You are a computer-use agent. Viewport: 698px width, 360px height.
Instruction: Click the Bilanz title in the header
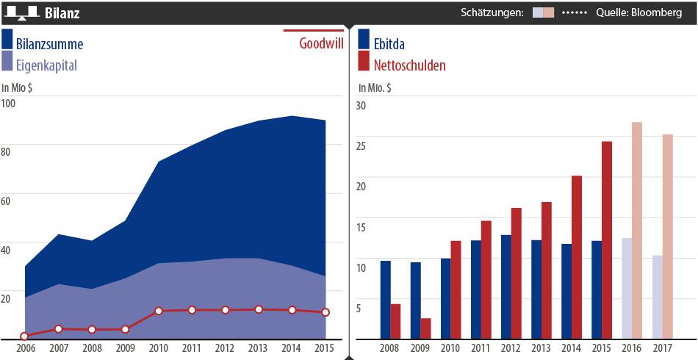pos(62,13)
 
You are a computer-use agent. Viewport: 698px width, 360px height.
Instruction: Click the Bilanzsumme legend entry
pos(49,44)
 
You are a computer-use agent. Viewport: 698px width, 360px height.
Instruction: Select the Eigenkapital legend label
pos(46,65)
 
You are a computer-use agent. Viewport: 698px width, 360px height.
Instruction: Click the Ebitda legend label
pos(389,44)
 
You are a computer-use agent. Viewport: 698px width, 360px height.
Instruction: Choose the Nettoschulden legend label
pos(409,65)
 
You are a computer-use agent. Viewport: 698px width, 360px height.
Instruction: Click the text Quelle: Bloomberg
pos(640,12)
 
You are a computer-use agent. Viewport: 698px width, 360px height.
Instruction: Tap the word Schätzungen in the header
pos(492,12)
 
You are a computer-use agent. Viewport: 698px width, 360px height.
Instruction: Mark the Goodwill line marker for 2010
pos(158,312)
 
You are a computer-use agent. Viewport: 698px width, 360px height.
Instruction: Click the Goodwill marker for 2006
pos(24,336)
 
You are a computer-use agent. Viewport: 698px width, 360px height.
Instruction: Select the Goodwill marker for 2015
pos(325,312)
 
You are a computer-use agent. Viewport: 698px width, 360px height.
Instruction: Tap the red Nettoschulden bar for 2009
pos(425,328)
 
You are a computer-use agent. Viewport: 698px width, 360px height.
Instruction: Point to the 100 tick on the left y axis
pos(9,103)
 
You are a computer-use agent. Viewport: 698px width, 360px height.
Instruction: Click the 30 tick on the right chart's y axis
pos(360,105)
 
